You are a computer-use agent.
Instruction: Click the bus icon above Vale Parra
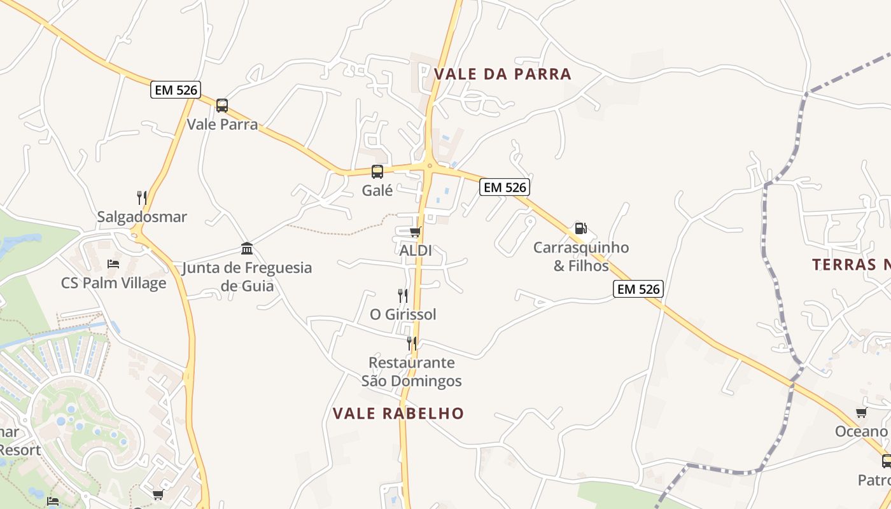[221, 106]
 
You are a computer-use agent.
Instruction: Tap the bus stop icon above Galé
[377, 171]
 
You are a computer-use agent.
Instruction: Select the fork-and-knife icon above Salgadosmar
[142, 198]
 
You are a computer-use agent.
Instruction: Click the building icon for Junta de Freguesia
[247, 248]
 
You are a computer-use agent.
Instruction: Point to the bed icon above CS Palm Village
[113, 263]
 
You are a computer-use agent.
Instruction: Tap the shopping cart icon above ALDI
[416, 232]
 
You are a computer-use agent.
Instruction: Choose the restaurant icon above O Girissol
[403, 296]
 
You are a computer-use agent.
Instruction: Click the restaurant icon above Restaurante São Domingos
[412, 344]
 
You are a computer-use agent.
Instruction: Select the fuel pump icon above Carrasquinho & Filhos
[580, 228]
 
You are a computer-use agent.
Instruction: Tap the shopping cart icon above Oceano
[862, 412]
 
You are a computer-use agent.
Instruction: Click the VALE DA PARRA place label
[503, 74]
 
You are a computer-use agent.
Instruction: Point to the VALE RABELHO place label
[398, 414]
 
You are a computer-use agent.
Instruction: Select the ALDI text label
[416, 251]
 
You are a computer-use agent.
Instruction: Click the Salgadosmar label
[142, 217]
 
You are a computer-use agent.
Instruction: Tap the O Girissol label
[403, 315]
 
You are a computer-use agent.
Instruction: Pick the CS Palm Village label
[113, 283]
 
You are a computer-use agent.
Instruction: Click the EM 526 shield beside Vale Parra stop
[176, 90]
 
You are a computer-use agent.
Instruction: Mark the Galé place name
[377, 190]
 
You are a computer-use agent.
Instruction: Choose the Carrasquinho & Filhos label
[580, 256]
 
